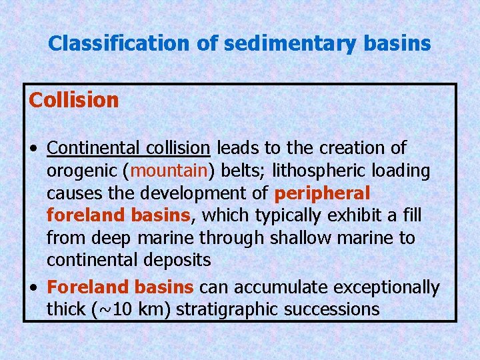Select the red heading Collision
click(x=73, y=101)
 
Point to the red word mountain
click(x=170, y=171)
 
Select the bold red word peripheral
click(x=321, y=193)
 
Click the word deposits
click(x=177, y=261)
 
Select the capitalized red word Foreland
click(x=87, y=287)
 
